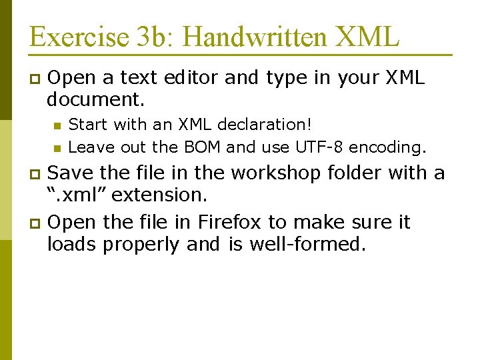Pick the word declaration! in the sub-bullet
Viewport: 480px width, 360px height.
266,125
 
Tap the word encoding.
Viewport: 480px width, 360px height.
388,146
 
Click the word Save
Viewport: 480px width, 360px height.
71,173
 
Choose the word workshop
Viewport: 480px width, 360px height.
273,173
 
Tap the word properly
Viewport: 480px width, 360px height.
140,245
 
